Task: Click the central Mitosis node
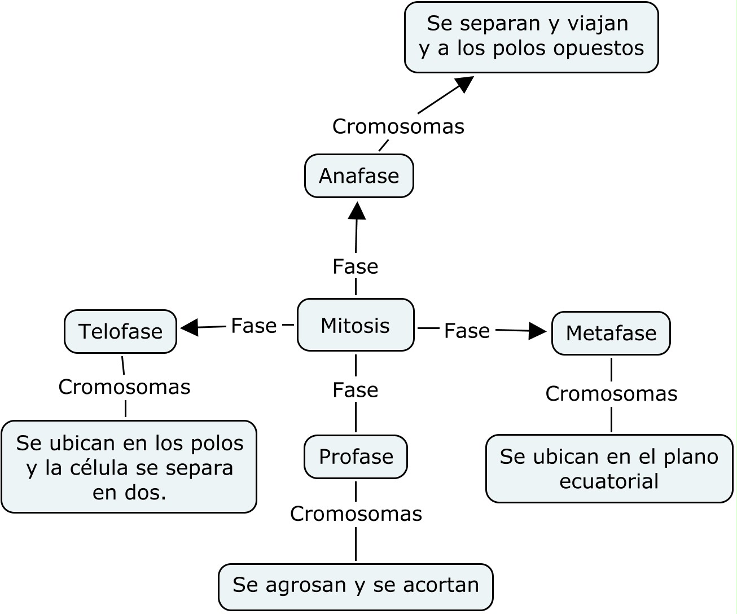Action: point(356,325)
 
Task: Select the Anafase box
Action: point(359,176)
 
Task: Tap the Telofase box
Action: point(120,331)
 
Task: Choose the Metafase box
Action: point(611,333)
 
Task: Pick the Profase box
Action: point(356,457)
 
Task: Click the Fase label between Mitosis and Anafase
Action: point(356,266)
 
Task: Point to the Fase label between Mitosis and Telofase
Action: point(254,326)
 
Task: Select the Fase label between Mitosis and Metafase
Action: point(467,331)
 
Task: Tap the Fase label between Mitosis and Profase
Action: point(356,390)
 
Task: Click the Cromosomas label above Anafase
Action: point(398,126)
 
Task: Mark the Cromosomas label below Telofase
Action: point(124,387)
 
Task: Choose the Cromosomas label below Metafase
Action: point(611,394)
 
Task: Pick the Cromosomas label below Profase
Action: point(356,514)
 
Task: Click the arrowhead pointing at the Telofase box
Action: point(189,327)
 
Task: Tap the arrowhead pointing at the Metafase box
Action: point(537,331)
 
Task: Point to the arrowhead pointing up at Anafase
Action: point(357,210)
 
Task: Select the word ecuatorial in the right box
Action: point(609,481)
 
